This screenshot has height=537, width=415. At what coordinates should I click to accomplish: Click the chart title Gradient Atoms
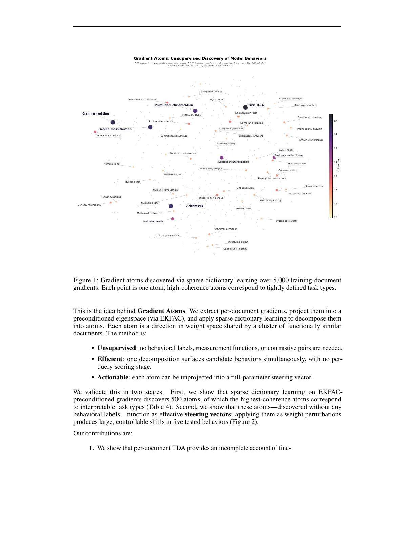200,58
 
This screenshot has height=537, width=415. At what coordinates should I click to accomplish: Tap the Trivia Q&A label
255,105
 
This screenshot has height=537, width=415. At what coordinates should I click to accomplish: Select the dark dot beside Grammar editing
113,122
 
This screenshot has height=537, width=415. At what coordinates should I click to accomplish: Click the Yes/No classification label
115,129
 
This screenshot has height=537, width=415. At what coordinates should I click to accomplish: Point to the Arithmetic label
194,206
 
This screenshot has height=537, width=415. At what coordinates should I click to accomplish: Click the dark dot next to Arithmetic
171,206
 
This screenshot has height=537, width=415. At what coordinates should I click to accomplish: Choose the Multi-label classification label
173,105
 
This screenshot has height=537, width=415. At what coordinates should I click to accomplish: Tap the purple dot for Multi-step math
173,219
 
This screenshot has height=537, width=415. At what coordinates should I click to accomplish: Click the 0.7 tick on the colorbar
335,121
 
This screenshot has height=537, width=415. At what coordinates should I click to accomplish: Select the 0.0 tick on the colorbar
335,218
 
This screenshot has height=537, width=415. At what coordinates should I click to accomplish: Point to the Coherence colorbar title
339,165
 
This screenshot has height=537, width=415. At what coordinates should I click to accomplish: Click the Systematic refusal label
286,221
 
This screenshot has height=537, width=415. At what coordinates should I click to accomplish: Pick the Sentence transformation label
233,162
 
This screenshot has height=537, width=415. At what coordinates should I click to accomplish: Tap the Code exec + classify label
235,249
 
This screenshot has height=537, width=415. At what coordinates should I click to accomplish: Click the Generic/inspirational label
89,205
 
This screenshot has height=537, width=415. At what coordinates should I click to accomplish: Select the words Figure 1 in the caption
82,280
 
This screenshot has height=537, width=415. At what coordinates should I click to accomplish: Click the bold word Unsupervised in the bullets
116,348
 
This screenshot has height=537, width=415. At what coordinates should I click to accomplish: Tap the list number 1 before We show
91,448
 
